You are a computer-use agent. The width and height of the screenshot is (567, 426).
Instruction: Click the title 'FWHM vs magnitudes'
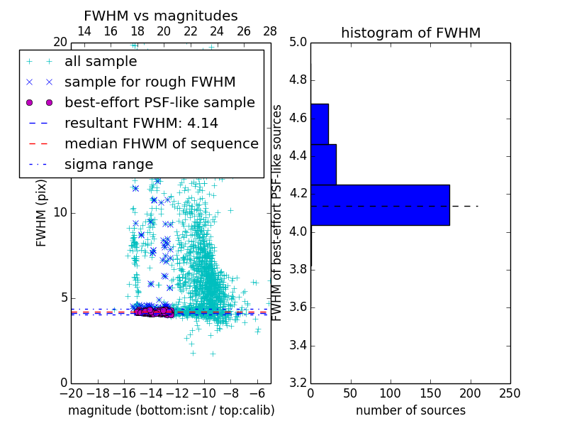point(161,16)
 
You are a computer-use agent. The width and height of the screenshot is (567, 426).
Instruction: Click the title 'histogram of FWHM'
point(410,33)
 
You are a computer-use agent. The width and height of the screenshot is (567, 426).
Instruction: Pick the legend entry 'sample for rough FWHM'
point(150,82)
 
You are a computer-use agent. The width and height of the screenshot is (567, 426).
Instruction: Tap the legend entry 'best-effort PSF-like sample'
point(159,103)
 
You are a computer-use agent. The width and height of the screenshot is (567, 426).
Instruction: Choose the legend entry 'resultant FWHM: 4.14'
point(141,124)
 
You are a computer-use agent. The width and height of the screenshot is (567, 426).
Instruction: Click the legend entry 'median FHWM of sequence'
point(161,144)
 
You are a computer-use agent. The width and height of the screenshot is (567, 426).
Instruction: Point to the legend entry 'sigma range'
point(108,165)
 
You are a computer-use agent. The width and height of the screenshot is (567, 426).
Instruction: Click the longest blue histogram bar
point(380,205)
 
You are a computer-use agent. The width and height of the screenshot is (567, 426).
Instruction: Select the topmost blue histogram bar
point(319,124)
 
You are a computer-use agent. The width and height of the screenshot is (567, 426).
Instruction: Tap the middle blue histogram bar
point(323,165)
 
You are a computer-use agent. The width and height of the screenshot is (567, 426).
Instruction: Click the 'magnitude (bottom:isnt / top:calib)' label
point(171,410)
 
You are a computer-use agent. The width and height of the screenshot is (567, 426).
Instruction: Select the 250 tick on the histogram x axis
point(510,393)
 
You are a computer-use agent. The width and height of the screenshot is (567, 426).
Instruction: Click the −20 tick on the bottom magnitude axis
point(71,393)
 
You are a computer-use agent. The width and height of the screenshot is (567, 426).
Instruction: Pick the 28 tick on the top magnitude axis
point(270,31)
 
